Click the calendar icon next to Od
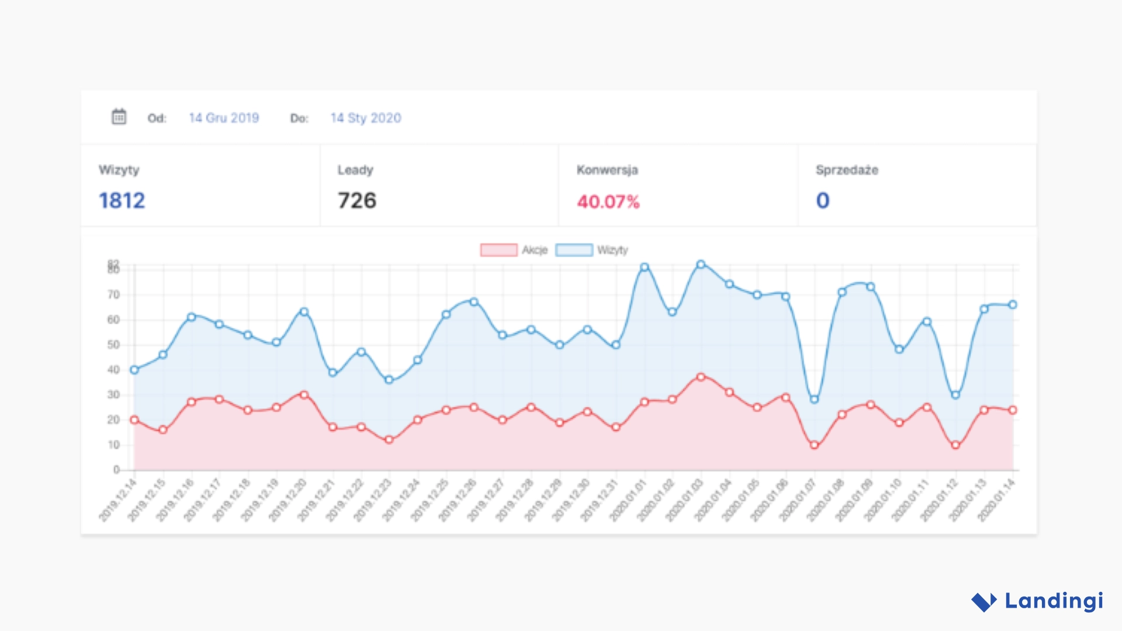[119, 117]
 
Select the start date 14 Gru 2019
[224, 118]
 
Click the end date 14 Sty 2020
[366, 118]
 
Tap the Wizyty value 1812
[122, 200]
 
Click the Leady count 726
[357, 200]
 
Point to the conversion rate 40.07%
[608, 202]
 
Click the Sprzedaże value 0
[823, 200]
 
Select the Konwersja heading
[607, 170]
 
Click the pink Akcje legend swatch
[498, 250]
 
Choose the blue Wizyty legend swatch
[574, 250]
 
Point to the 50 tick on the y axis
[113, 345]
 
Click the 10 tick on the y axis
[113, 445]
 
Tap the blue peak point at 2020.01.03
[701, 264]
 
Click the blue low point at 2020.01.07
[814, 399]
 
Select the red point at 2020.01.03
[701, 377]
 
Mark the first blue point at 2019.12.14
[134, 370]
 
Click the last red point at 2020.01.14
[1013, 410]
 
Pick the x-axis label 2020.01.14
[997, 500]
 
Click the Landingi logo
[1038, 601]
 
